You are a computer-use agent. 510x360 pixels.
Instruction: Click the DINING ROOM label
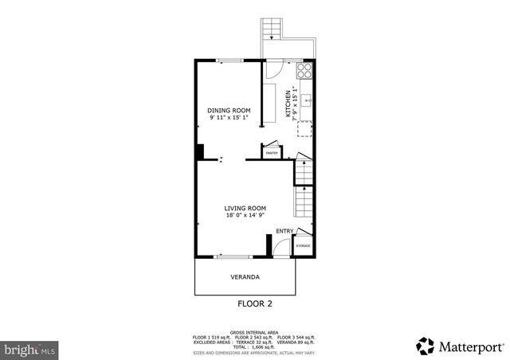point(229,110)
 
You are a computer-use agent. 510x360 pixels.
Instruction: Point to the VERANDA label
point(245,277)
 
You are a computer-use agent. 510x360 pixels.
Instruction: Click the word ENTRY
point(284,231)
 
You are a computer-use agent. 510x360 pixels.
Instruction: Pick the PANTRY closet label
point(271,152)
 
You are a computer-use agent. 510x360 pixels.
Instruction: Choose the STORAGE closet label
point(303,246)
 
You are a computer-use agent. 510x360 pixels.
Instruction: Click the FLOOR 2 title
point(255,303)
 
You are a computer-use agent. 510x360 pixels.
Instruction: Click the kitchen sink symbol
point(307,102)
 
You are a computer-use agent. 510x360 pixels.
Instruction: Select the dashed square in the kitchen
point(304,130)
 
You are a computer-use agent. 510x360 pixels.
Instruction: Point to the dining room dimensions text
point(229,118)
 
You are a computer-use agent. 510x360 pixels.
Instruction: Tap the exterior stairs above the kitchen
point(273,29)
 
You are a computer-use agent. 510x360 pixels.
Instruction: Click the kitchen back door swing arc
point(271,70)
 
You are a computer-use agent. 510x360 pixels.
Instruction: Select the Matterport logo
point(460,346)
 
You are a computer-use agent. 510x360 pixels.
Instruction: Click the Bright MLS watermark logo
point(29,348)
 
